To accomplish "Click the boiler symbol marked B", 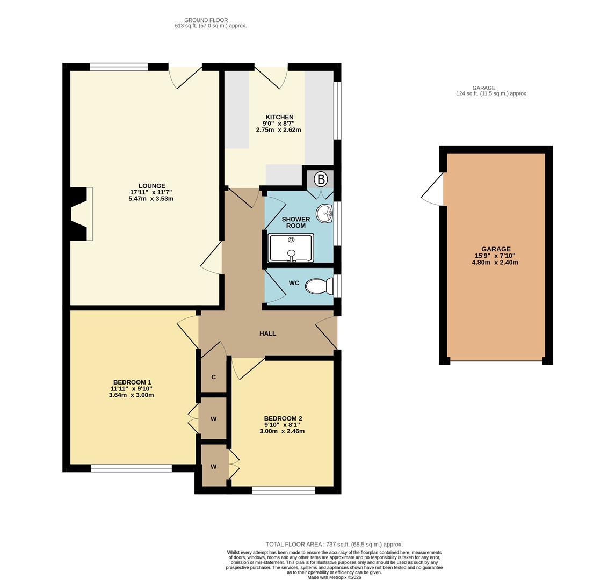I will tap(321, 179).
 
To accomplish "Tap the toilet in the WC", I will tap(318, 286).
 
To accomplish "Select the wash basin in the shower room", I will tap(325, 214).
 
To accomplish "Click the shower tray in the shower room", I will tap(291, 248).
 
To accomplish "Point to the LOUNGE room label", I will tap(151, 186).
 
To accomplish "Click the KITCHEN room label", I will tap(279, 117).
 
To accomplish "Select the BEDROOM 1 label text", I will tap(132, 382).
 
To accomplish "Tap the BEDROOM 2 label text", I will tap(283, 418).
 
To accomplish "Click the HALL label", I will tap(267, 334).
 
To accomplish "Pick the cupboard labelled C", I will tap(213, 377).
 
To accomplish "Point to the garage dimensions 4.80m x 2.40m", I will tap(495, 263).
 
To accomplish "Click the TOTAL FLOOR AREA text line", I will tap(334, 544).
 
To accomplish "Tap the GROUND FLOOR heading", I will tap(206, 20).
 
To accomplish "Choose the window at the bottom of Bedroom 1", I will tap(131, 468).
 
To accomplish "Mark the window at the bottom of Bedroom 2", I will tap(283, 490).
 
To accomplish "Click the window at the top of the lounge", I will tap(119, 67).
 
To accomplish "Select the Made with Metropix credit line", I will tap(334, 577).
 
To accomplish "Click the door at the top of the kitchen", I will tap(271, 75).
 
